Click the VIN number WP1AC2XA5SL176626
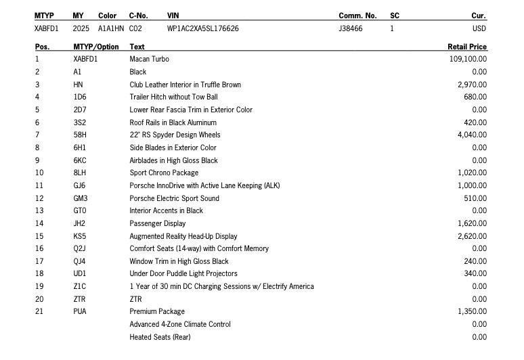(202, 29)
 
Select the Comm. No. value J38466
(351, 29)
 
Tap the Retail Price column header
(466, 47)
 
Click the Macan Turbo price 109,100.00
(468, 59)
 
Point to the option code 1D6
(80, 97)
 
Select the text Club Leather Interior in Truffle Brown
(185, 85)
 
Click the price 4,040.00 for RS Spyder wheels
(472, 135)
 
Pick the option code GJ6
(80, 185)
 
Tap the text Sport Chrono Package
(164, 173)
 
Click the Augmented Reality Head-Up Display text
(183, 236)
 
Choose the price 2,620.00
(472, 236)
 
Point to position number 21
(39, 311)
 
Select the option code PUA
(80, 311)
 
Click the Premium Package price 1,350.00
(472, 311)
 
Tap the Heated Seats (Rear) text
(159, 337)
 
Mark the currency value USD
(479, 29)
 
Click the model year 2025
(81, 29)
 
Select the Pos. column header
(42, 47)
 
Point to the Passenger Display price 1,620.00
(472, 223)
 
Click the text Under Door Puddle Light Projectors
(183, 273)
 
